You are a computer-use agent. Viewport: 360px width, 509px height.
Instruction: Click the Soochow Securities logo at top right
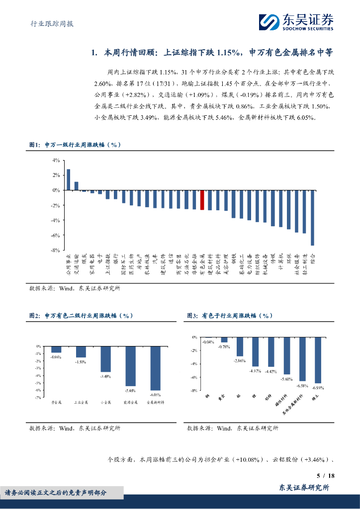click(296, 22)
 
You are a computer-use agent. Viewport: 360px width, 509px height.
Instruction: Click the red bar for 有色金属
click(202, 200)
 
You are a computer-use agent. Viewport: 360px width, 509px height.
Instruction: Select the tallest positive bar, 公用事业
click(69, 179)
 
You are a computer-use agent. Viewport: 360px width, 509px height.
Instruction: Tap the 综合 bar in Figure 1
click(312, 218)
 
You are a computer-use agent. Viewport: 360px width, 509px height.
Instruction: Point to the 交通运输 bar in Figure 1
click(77, 186)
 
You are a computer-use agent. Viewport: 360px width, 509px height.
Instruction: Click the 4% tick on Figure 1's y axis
click(56, 160)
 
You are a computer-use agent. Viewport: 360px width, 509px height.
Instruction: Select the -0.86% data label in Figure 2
click(56, 357)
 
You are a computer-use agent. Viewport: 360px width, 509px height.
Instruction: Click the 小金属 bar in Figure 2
click(105, 359)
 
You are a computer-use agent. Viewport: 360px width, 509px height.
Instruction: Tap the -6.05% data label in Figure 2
click(155, 394)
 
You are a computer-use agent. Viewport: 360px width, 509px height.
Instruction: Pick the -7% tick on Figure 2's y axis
click(38, 398)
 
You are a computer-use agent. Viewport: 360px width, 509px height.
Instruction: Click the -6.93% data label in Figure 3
click(318, 387)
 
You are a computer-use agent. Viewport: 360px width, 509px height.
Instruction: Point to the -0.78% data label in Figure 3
click(224, 346)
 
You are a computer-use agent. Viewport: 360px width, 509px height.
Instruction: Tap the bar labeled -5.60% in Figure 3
click(286, 356)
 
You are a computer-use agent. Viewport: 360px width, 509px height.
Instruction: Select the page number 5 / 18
click(326, 476)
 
